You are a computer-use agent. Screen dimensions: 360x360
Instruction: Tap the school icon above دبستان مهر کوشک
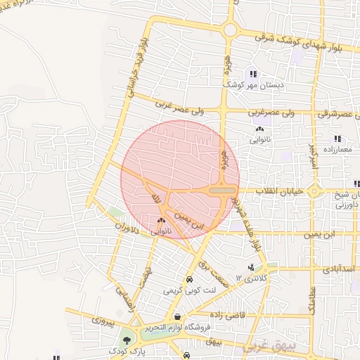coord(252,74)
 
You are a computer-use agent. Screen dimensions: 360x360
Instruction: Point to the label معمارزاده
coord(338,150)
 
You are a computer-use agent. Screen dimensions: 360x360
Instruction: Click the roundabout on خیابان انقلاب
coord(316,191)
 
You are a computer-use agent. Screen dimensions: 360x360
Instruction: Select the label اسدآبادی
coord(338,269)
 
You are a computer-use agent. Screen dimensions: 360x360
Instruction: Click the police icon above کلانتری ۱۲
coord(251,267)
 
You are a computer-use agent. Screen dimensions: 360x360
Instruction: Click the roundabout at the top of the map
coord(230,30)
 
